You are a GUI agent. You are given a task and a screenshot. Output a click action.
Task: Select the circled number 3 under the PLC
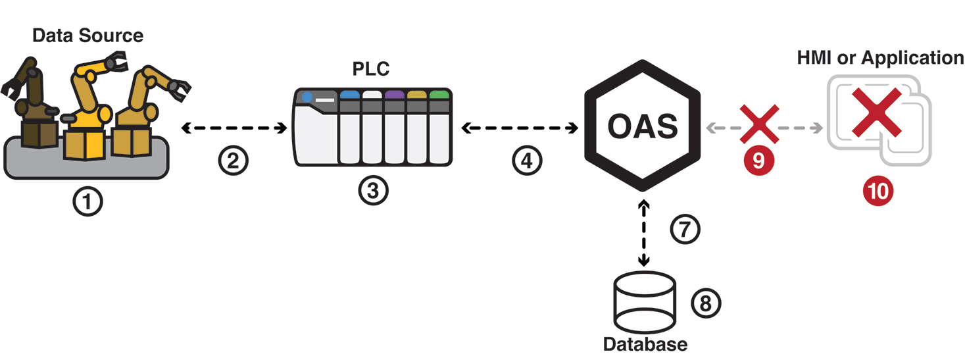[x=373, y=190]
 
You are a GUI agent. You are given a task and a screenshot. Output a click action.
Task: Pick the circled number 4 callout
[x=527, y=161]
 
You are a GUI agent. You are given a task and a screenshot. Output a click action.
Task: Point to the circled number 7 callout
[x=685, y=228]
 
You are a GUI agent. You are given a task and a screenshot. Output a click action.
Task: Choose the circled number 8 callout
[x=706, y=303]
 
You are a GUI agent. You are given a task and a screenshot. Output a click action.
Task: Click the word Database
[x=645, y=344]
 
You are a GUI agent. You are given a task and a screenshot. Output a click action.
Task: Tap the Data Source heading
[x=88, y=35]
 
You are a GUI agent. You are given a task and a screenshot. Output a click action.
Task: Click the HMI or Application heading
[x=880, y=57]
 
